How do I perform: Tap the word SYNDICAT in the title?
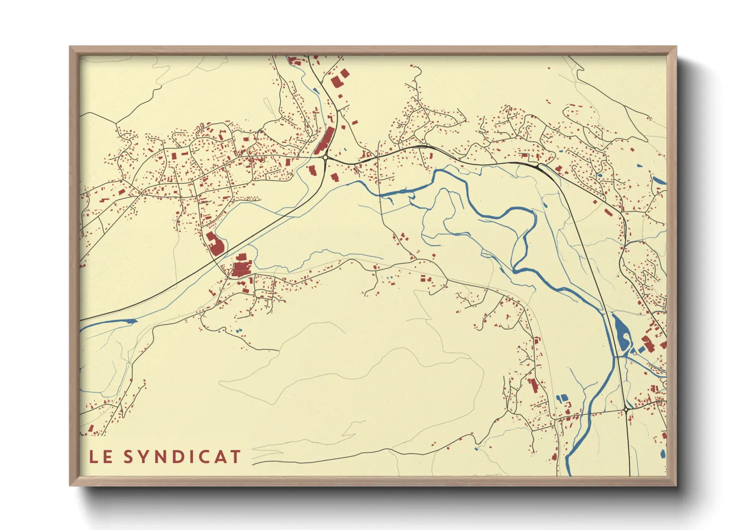click(x=182, y=456)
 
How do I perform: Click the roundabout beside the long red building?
click(x=325, y=157)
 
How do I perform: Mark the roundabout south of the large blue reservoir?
click(x=626, y=410)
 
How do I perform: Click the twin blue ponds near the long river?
click(x=563, y=398)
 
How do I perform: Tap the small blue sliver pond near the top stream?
click(x=314, y=91)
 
